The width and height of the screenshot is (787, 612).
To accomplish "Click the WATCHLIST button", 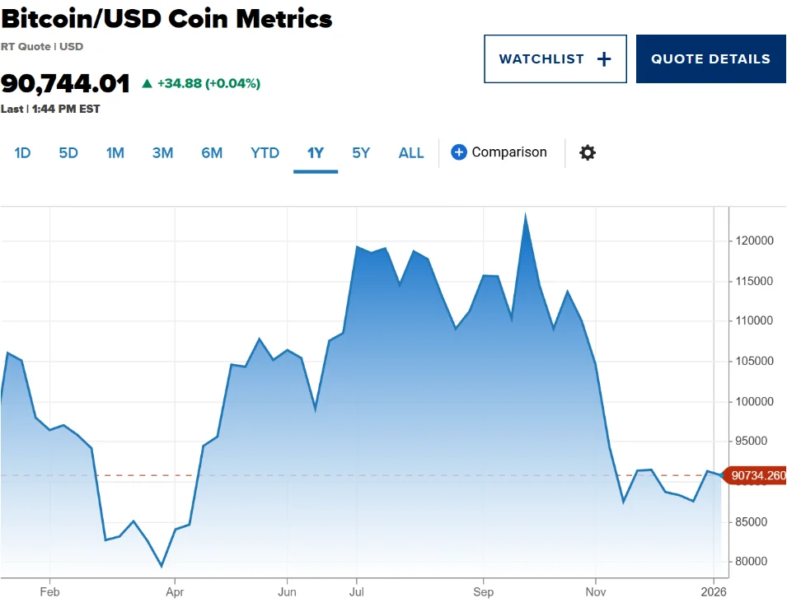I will (x=555, y=59).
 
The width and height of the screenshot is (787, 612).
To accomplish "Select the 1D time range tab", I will (x=22, y=152).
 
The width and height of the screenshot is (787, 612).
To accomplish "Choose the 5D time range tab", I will (x=68, y=152).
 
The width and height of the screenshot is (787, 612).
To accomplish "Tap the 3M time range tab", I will (x=162, y=152).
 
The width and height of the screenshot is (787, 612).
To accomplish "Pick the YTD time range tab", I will (x=265, y=152).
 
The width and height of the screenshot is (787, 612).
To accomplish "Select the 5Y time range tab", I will (x=361, y=152).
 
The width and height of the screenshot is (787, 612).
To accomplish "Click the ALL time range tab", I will (x=411, y=152).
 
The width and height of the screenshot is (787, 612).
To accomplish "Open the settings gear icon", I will (x=587, y=152).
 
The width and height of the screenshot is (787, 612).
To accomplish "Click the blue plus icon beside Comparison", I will (x=459, y=152).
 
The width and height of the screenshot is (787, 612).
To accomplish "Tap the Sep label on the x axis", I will (x=484, y=592).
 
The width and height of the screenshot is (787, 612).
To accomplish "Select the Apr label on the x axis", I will (x=175, y=592).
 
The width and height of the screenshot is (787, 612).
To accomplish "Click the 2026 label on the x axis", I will (x=714, y=592).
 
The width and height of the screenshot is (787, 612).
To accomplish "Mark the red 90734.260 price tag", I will (x=756, y=475).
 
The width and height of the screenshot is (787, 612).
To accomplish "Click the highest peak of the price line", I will (x=526, y=216).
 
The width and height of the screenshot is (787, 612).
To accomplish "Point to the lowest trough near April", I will (x=162, y=566).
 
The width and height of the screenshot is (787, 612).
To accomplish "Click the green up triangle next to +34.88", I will (x=148, y=83).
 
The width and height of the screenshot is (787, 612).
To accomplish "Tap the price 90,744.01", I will (x=66, y=83).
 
